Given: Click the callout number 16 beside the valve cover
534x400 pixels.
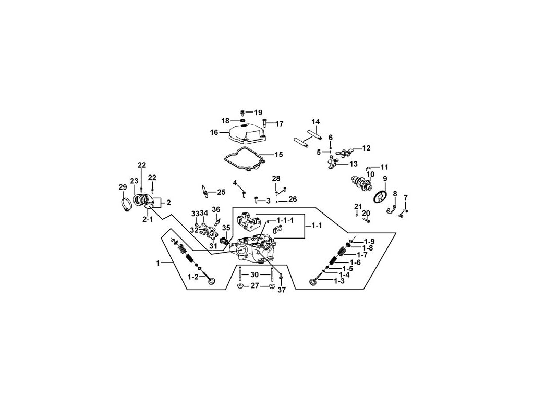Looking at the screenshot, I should (214, 132).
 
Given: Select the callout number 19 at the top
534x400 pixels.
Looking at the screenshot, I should (258, 113).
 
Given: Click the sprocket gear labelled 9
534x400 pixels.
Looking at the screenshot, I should (380, 197).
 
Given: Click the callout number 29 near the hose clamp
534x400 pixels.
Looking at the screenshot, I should (123, 187).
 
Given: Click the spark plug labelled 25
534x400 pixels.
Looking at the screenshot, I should (206, 192).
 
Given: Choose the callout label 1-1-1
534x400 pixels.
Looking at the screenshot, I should (285, 220).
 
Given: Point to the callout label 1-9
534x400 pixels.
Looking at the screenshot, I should (369, 241).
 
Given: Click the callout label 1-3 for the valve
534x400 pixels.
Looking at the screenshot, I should (339, 281).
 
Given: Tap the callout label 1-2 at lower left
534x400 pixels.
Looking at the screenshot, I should (193, 277).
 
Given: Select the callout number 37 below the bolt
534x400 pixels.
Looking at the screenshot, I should (282, 290).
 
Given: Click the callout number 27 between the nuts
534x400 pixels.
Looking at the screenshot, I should (255, 285).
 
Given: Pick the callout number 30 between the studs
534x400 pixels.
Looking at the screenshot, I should (254, 274).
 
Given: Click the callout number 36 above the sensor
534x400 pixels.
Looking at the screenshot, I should (216, 209).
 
